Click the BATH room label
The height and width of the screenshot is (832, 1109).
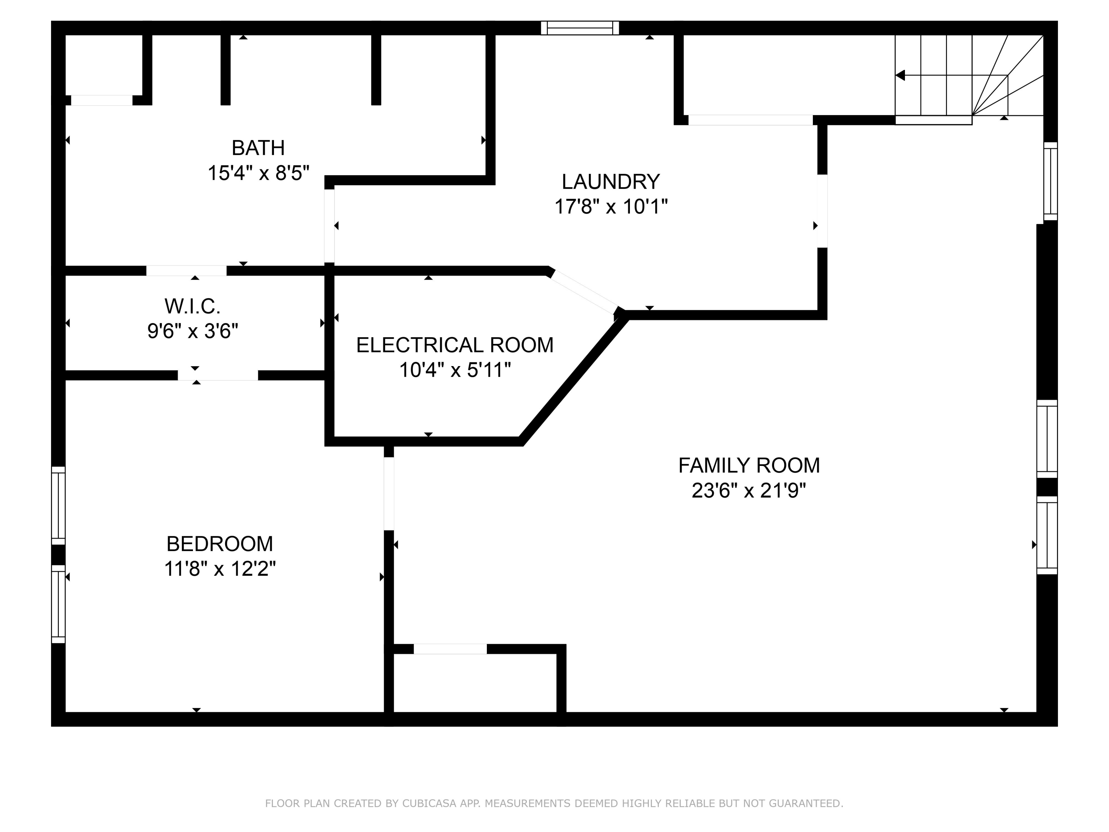click(258, 148)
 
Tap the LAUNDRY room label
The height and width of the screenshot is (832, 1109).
click(611, 182)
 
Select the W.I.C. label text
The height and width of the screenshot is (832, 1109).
click(193, 306)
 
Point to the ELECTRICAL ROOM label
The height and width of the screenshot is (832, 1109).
click(455, 345)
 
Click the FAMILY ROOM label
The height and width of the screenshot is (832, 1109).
click(749, 466)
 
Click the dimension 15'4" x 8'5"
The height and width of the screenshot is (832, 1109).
click(258, 173)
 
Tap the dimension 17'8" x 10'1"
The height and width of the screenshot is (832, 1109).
click(611, 207)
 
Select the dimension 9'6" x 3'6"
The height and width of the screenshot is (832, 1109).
click(193, 331)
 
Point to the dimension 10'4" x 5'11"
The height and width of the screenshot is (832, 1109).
click(455, 370)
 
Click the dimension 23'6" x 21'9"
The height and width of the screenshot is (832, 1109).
click(749, 490)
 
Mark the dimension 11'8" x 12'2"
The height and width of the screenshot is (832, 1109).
click(220, 569)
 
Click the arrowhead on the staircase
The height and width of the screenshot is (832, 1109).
click(901, 75)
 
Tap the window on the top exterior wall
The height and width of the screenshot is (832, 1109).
click(580, 28)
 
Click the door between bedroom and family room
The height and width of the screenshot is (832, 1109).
click(389, 494)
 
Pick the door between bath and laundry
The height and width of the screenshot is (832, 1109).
click(329, 226)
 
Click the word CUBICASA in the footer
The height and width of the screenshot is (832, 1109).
click(429, 804)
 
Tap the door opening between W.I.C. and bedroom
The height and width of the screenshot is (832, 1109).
click(218, 375)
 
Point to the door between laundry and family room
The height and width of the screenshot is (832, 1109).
click(822, 211)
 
